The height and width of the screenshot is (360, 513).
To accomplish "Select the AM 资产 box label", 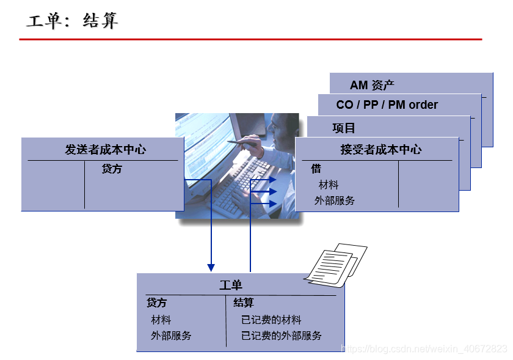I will (372, 85).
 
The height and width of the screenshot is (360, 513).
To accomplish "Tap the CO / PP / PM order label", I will (387, 105).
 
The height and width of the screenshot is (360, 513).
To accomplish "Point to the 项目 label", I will (343, 128).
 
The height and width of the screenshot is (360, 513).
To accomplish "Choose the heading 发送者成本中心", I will (106, 150).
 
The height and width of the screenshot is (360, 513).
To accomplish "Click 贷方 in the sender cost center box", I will (112, 169).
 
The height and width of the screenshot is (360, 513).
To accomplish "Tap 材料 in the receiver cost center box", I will (329, 185).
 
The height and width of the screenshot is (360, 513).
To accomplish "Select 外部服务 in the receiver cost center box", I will (334, 200).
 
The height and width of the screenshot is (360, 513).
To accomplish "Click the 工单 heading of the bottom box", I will (231, 285).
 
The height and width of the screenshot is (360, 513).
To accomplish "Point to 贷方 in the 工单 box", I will (156, 303).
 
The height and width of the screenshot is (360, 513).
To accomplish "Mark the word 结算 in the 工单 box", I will (244, 303).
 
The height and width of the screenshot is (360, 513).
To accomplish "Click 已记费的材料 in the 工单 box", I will (271, 320).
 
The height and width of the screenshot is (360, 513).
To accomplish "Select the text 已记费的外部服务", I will (282, 336).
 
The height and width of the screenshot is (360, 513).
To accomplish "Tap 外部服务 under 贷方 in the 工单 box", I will (171, 336).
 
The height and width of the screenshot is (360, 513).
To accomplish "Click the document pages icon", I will (336, 264).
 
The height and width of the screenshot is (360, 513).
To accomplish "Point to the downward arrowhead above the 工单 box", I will (211, 267).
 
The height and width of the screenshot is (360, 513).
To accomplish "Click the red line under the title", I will (250, 39).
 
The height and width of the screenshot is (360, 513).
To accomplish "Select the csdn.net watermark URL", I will (424, 348).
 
